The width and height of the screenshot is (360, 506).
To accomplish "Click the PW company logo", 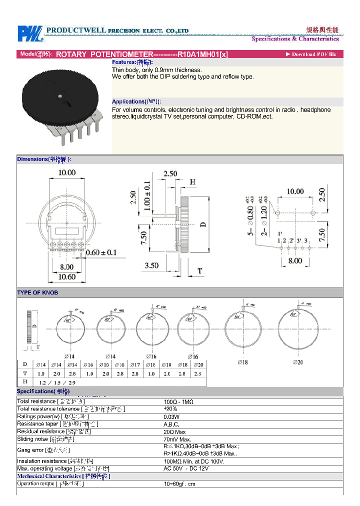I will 30,33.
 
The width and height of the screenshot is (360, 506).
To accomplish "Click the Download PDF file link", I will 311,54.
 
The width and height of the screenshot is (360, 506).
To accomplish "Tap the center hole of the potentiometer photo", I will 59,93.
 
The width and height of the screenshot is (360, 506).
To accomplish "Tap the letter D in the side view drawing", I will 203,224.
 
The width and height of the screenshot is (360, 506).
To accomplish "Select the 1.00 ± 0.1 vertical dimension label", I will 147,198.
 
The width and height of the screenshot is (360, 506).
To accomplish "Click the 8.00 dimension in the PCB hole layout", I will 294,260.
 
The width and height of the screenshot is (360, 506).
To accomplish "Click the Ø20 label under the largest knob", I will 298,362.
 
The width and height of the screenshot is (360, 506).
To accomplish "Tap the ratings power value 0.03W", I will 172,416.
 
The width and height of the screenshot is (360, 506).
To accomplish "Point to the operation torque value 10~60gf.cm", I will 180,483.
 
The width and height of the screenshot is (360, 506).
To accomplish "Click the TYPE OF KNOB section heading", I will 37,292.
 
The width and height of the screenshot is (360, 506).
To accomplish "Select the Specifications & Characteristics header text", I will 295,39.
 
